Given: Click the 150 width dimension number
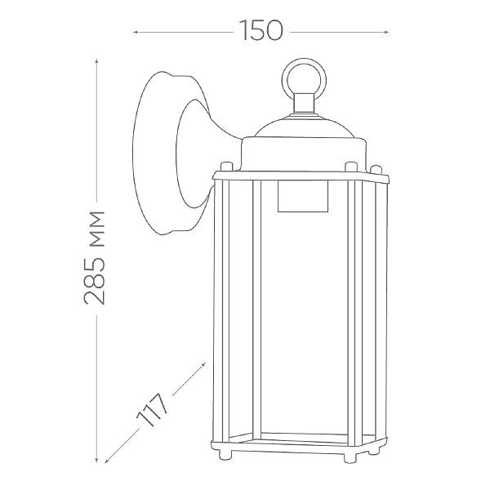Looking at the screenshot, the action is pyautogui.click(x=261, y=30).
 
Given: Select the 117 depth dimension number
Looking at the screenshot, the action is pyautogui.click(x=152, y=409).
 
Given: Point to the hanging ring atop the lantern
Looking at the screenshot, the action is pyautogui.click(x=304, y=78).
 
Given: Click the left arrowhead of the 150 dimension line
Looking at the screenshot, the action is pyautogui.click(x=136, y=32).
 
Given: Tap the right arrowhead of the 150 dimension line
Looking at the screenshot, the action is pyautogui.click(x=386, y=32).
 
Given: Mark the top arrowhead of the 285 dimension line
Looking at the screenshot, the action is pyautogui.click(x=97, y=61).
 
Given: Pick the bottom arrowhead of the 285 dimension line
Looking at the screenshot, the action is pyautogui.click(x=97, y=460).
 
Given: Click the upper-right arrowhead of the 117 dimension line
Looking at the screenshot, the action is pyautogui.click(x=203, y=364).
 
